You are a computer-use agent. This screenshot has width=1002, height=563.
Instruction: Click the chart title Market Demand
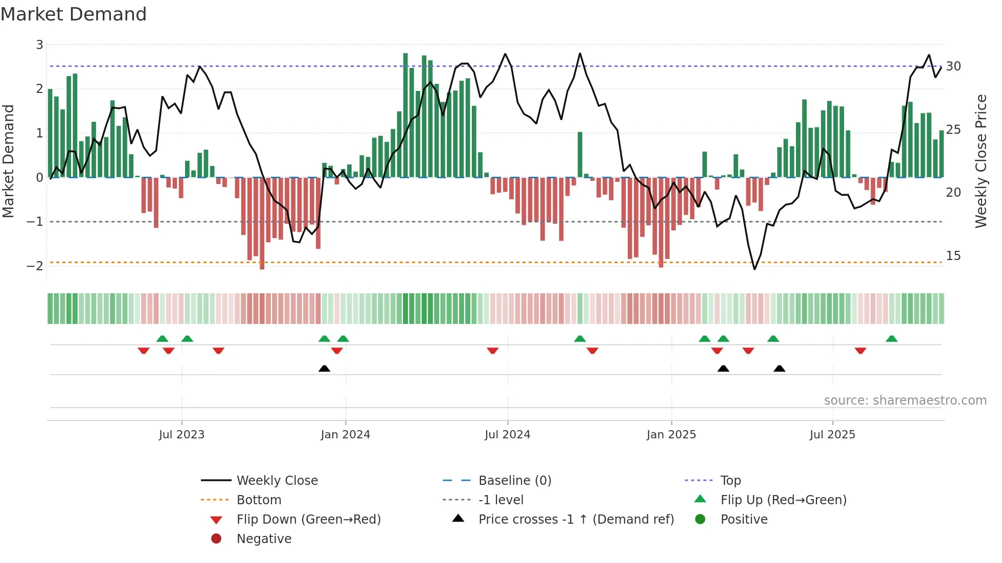pyautogui.click(x=74, y=14)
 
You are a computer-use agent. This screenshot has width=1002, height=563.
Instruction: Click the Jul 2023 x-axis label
pyautogui.click(x=181, y=435)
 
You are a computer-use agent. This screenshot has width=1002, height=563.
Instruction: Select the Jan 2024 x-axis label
pyautogui.click(x=346, y=435)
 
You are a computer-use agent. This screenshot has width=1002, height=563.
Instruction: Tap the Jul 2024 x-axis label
pyautogui.click(x=508, y=435)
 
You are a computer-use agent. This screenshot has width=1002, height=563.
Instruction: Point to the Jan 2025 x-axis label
pyautogui.click(x=671, y=435)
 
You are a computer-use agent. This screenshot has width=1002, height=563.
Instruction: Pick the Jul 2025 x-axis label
pyautogui.click(x=832, y=435)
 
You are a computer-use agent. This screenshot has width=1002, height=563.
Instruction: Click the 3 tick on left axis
pyautogui.click(x=39, y=45)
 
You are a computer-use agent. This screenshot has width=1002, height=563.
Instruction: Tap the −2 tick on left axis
pyautogui.click(x=35, y=266)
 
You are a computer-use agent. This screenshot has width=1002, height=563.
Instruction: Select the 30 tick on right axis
pyautogui.click(x=953, y=66)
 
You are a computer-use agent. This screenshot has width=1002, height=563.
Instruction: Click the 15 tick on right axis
pyautogui.click(x=953, y=256)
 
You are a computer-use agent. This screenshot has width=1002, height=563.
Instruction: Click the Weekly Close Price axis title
pyautogui.click(x=981, y=161)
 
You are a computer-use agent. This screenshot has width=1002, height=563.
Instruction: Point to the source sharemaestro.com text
pyautogui.click(x=905, y=401)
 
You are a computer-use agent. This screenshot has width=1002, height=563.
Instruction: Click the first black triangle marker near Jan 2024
pyautogui.click(x=324, y=369)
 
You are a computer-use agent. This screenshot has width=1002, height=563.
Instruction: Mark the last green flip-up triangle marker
pyautogui.click(x=892, y=339)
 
